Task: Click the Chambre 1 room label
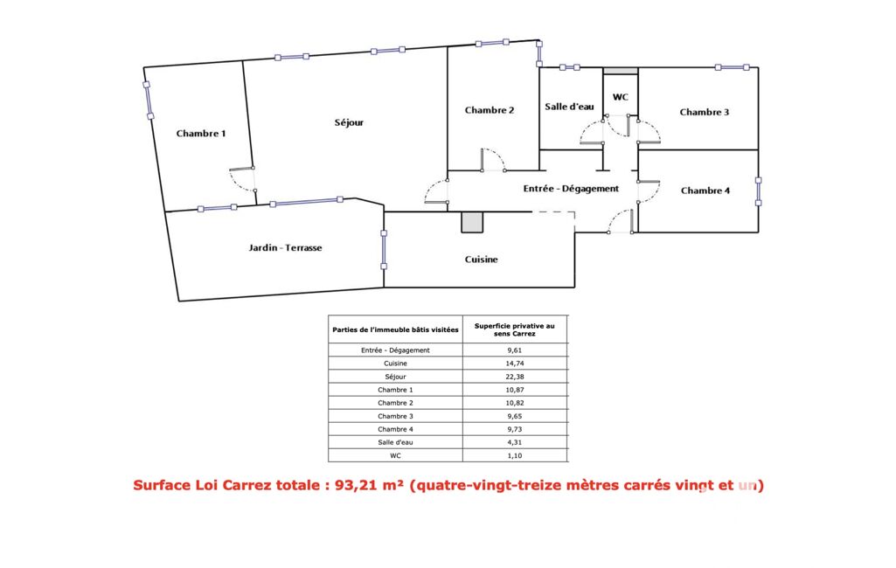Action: coord(200,134)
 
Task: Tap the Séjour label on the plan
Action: coord(349,123)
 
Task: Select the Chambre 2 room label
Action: coord(490,110)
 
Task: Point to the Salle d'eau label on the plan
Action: coord(569,107)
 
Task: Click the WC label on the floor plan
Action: coord(621,97)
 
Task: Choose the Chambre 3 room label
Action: coord(704,112)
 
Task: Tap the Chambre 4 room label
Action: coord(705,190)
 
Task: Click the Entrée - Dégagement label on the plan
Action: coord(571,189)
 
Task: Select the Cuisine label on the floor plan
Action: coord(481,260)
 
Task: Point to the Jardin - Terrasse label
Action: coord(285,248)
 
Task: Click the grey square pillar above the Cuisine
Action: coord(473,222)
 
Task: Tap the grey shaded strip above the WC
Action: coord(621,71)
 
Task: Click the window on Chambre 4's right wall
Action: coord(758,191)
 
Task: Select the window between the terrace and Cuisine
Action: coord(384,250)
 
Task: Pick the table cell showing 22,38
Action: coord(514,377)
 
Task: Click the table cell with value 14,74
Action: coord(514,364)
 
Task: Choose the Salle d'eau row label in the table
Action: coord(395,442)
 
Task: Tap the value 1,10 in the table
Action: coord(514,455)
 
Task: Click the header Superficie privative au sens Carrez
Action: coord(514,329)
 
